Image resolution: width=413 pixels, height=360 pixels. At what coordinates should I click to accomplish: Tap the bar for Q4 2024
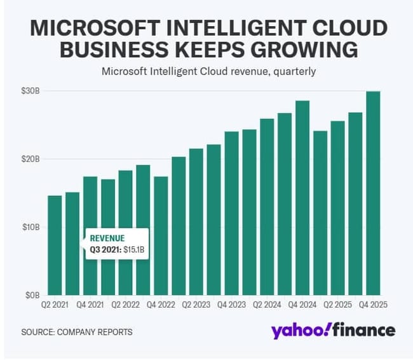tap(302, 198)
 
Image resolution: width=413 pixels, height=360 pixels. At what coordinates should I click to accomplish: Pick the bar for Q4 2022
tap(161, 235)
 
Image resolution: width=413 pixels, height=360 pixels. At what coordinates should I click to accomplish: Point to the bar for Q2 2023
tap(196, 222)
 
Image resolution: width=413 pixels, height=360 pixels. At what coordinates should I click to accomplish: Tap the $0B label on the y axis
tap(33, 295)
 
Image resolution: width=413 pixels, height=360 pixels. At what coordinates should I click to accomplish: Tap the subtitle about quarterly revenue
tap(208, 71)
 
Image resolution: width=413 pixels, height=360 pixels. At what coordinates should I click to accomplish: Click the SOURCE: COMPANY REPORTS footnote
tap(76, 332)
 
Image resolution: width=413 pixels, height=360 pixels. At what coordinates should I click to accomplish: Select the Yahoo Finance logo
tap(333, 331)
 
